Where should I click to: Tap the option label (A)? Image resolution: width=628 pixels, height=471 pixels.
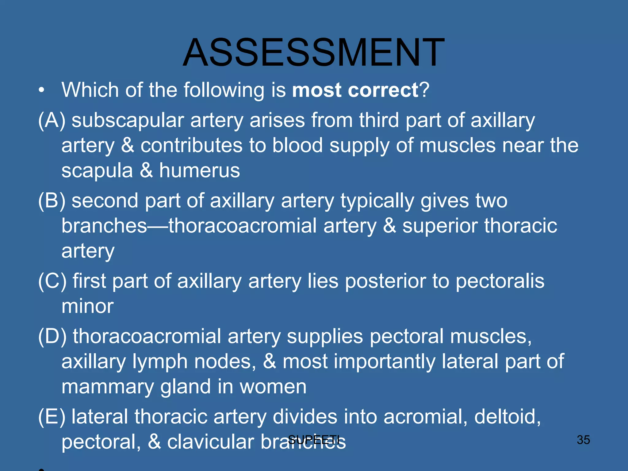[x=52, y=120]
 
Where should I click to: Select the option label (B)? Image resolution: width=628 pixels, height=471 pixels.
[x=52, y=201]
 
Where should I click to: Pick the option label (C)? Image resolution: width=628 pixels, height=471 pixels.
[x=52, y=281]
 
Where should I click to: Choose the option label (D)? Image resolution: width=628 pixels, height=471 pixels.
[x=52, y=336]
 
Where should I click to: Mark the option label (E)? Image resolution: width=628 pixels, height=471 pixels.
[x=52, y=417]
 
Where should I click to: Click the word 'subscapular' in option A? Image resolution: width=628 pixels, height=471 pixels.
[x=127, y=120]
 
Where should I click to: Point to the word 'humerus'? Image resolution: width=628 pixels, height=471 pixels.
[x=199, y=170]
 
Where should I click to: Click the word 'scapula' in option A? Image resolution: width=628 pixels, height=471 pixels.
[x=97, y=170]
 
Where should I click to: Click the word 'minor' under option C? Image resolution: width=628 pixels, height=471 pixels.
[x=87, y=306]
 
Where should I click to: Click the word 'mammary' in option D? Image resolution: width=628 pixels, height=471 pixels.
[x=107, y=387]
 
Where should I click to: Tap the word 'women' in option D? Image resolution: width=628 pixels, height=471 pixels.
[x=273, y=387]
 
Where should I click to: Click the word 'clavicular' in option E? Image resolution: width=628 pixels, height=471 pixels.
[x=210, y=442]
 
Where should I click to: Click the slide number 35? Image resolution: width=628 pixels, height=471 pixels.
[x=583, y=440]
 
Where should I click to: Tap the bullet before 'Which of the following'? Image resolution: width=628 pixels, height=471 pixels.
[x=42, y=91]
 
